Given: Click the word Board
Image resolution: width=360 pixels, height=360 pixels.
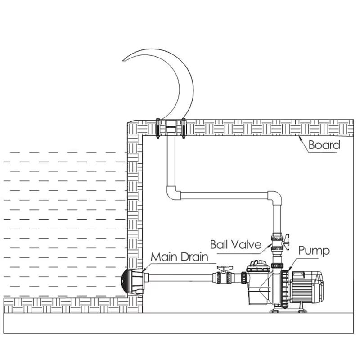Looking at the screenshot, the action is pos(324,145).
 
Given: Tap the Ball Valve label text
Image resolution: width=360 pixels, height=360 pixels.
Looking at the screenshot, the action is pos(236,244).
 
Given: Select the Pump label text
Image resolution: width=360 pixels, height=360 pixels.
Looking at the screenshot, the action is pos(314,251).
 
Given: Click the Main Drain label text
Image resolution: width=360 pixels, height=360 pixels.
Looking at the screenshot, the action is pos(179,256).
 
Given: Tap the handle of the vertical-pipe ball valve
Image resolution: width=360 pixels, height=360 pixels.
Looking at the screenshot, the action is pos(286,242).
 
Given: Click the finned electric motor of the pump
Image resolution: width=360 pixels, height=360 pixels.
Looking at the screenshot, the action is pos(306,287).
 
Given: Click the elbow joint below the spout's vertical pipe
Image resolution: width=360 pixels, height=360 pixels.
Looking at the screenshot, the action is pos(173,193).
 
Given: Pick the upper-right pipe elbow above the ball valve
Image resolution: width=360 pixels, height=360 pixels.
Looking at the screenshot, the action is pos(275,198).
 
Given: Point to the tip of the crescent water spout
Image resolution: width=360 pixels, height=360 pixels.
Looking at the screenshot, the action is pos(123,60).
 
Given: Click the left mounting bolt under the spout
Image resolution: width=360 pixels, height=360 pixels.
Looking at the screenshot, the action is pos(158,128).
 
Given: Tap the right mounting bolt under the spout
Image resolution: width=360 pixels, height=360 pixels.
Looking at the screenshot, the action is pos(184,128).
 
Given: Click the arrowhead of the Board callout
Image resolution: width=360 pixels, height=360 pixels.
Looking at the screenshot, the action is pos(300,138).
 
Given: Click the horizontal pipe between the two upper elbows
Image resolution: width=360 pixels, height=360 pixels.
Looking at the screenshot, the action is pos(224,196).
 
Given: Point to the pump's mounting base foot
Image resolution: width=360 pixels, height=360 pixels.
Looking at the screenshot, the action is pos(288,310).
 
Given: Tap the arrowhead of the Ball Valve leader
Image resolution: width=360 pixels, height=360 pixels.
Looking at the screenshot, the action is pos(270,245).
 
